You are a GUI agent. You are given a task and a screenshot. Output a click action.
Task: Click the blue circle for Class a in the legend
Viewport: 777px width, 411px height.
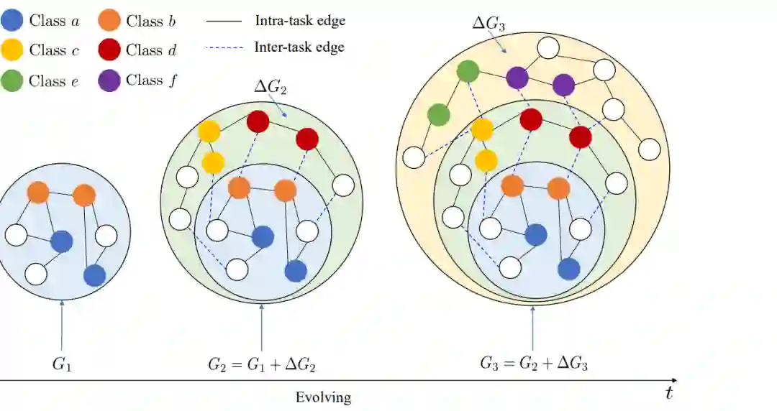coord(14,20)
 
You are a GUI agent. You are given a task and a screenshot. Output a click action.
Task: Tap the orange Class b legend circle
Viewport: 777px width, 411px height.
coord(112,20)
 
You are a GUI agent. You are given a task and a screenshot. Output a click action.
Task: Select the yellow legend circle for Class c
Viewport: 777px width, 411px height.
coord(14,50)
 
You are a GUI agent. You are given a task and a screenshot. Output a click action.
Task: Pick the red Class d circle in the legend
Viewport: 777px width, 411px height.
coord(112,50)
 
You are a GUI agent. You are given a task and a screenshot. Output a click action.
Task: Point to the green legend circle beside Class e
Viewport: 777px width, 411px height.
coord(14,80)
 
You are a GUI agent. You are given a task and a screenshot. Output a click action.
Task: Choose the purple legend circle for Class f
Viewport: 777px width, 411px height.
coord(112,80)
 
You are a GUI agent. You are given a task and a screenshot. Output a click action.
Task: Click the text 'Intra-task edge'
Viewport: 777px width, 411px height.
coord(300,21)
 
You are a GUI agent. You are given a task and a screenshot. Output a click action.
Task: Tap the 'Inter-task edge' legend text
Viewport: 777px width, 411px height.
coord(299,47)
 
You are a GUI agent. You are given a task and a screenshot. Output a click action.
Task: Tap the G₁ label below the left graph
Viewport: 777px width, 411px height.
coord(62,364)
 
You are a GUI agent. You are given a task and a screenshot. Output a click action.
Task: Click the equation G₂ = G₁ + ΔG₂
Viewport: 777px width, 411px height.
coord(262,364)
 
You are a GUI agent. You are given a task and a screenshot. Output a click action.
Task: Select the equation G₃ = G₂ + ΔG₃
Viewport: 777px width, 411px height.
coord(534,364)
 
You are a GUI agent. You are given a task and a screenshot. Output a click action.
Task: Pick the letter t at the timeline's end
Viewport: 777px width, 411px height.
coord(669,392)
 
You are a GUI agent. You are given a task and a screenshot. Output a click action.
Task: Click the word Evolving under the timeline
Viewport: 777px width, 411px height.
coord(323,397)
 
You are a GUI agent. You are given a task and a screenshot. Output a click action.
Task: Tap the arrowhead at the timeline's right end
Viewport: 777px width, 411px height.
coord(673,379)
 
